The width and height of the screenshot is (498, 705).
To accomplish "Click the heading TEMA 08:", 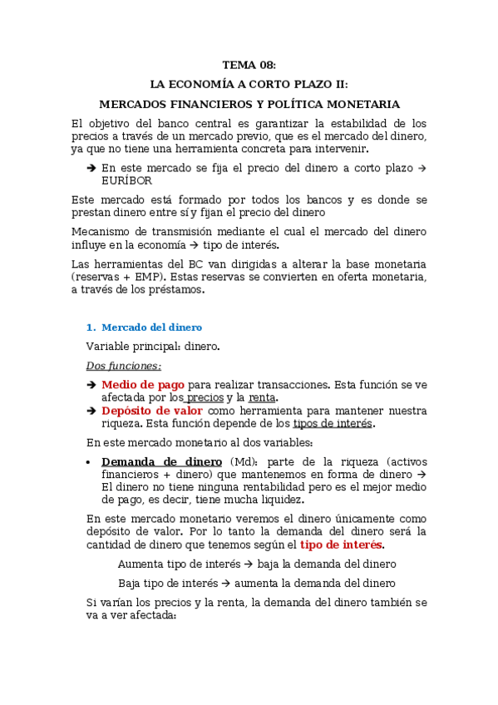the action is point(249,65).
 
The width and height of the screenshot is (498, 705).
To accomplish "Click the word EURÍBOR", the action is point(126,180).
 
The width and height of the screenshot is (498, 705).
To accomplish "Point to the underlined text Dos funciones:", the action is point(124,365).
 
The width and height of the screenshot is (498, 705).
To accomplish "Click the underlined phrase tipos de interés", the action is point(333,423).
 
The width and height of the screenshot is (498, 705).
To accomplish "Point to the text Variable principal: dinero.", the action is point(153,346).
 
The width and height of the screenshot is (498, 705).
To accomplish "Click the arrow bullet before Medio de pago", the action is point(91,386).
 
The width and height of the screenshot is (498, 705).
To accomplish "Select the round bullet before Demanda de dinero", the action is point(89,463).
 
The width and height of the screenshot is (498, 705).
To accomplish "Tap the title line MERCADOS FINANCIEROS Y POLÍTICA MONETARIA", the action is point(249,105).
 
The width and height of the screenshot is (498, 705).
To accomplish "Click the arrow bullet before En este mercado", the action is point(91,168).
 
